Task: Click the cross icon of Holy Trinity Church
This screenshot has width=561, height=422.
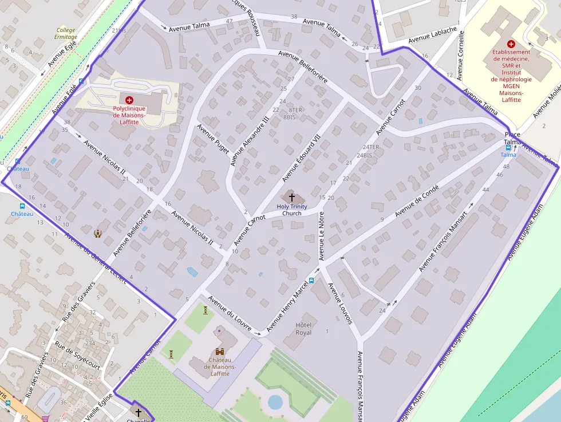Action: coord(292,197)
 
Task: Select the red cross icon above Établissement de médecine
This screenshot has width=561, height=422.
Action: coord(511,44)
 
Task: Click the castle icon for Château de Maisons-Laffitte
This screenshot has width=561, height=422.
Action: coord(219,352)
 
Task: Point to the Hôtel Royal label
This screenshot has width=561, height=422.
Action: coord(303,328)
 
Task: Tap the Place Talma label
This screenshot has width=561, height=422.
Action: coord(512,137)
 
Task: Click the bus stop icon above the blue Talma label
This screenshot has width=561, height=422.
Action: coord(508,147)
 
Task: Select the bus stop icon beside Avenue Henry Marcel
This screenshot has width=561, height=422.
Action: coord(311,281)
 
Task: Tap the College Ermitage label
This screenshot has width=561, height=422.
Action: coord(66,34)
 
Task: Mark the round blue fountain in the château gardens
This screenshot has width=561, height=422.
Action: coord(275,402)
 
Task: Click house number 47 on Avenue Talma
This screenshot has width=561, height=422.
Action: coord(230,21)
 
